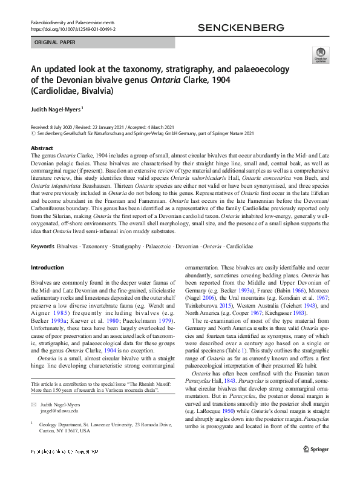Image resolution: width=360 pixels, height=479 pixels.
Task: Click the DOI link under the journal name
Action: pos(73,28)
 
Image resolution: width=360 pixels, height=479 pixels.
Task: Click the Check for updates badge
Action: pos(319,56)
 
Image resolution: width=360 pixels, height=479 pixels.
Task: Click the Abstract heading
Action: pos(42,148)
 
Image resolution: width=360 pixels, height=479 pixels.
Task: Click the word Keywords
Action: pos(42,247)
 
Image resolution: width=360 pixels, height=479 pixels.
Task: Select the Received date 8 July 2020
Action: pos(57,127)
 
